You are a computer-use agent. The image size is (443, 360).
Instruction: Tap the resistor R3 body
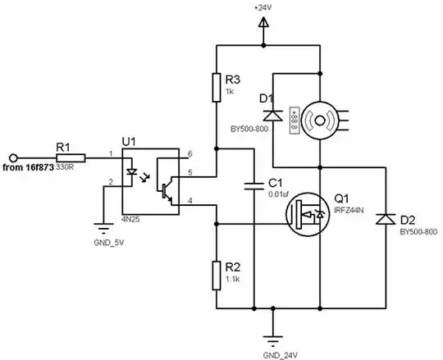click(x=216, y=86)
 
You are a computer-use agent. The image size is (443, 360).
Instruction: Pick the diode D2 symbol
click(x=384, y=219)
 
